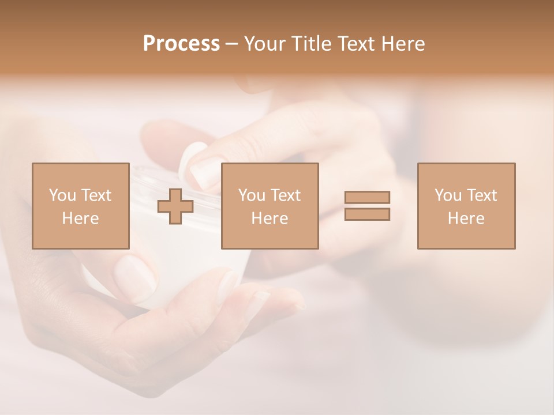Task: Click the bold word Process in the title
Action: tap(181, 44)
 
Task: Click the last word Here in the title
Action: tap(402, 44)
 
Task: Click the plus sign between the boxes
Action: tap(175, 206)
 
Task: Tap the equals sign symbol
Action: tap(367, 206)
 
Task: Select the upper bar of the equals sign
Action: tap(367, 197)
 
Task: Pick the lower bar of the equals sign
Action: tap(367, 214)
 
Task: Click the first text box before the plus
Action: tap(80, 206)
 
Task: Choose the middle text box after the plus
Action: tap(269, 206)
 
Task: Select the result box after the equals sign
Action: tap(466, 206)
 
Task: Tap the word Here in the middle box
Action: tap(269, 218)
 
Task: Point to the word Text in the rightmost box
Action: tap(481, 195)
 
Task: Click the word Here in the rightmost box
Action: tap(466, 218)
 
